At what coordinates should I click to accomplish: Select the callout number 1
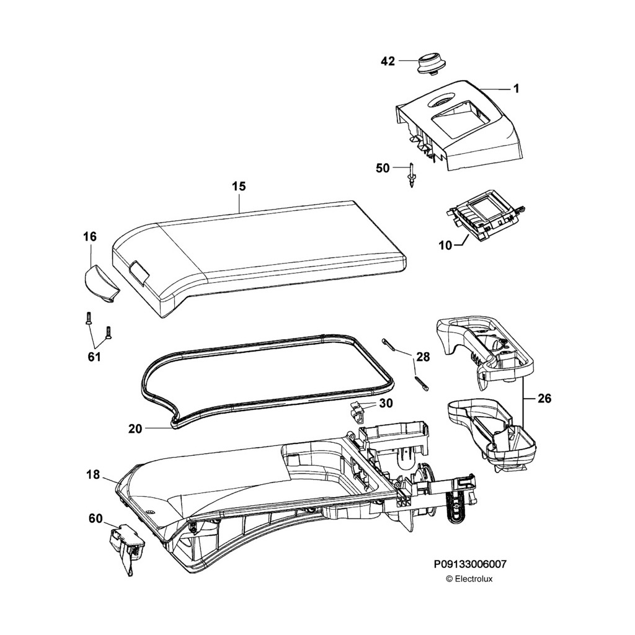click(x=515, y=89)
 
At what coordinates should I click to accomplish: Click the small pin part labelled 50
click(x=411, y=175)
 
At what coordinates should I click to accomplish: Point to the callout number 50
click(x=383, y=167)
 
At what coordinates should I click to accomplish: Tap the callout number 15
click(x=239, y=186)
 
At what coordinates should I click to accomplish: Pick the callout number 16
click(x=90, y=236)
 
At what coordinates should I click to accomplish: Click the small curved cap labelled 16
click(x=100, y=283)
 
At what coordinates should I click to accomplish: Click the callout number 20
click(x=136, y=428)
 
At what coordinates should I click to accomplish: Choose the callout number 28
click(x=423, y=357)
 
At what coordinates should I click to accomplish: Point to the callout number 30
click(x=386, y=403)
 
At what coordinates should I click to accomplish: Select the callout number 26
click(x=543, y=399)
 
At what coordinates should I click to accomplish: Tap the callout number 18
click(x=93, y=476)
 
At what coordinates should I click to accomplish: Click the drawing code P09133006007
click(x=469, y=564)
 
